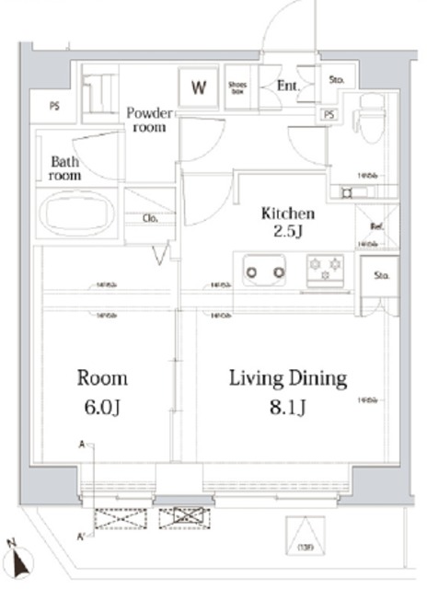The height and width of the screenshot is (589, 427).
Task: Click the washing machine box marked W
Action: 198,88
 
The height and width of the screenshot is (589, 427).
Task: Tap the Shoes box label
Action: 238,87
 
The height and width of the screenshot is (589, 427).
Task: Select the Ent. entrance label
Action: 286,87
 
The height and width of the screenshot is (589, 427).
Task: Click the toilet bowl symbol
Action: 371,124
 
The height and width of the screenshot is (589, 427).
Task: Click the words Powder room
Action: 149,120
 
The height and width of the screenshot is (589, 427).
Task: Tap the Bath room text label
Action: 64,167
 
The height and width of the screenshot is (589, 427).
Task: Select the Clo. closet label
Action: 149,218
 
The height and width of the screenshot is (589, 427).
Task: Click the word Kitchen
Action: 288,214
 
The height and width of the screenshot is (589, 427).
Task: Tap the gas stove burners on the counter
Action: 325,268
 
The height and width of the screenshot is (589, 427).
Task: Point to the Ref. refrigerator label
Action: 376,226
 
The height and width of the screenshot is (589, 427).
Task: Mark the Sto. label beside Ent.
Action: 337,80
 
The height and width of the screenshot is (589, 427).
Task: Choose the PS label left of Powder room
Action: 54,106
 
